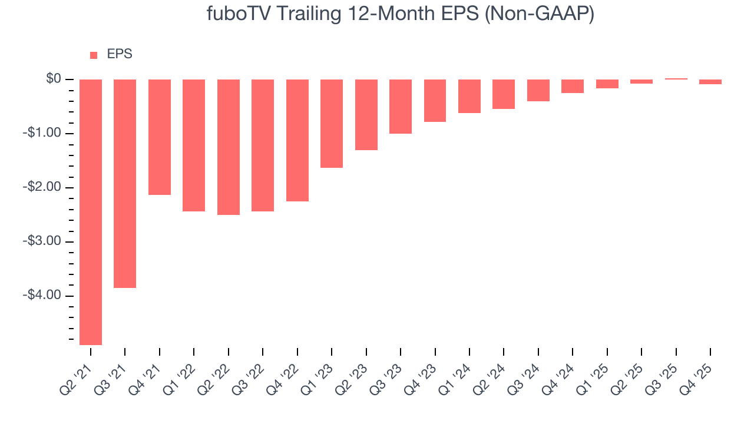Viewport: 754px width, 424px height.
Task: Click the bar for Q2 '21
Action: point(91,212)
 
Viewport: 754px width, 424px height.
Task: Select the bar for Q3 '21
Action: point(125,184)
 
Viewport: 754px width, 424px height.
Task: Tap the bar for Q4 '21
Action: point(160,137)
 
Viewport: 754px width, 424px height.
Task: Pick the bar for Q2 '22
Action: point(229,147)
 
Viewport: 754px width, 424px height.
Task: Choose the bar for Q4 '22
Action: point(297,141)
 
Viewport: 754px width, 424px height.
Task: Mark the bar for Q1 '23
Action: point(332,124)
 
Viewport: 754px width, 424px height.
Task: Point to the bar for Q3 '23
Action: point(401,107)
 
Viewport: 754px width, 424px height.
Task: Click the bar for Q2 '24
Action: point(504,94)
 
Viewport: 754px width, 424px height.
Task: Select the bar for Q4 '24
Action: point(573,87)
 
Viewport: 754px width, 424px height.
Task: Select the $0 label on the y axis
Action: point(54,79)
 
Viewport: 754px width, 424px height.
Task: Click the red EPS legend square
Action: point(94,55)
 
